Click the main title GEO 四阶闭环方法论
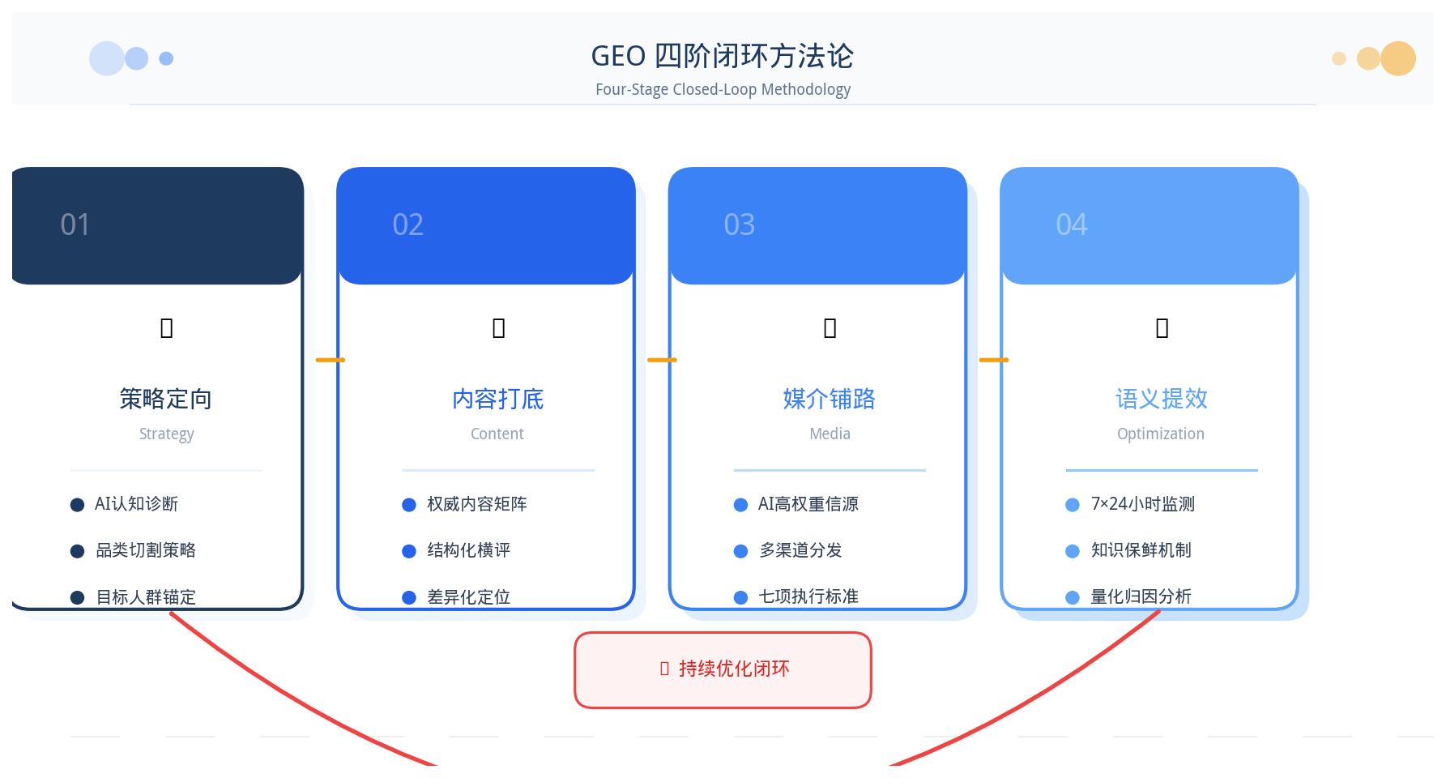tap(723, 56)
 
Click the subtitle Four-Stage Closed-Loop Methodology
tap(723, 89)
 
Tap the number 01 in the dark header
tap(75, 224)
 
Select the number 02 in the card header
tap(407, 224)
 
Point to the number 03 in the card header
tap(740, 224)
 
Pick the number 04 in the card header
tap(1072, 224)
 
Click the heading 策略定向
tap(166, 399)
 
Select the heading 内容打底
tap(498, 399)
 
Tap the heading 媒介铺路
tap(830, 399)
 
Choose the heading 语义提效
tap(1162, 399)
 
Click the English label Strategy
tap(167, 434)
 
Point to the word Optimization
tap(1161, 434)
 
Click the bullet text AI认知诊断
tap(136, 504)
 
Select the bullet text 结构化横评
tap(469, 550)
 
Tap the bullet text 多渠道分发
tap(800, 550)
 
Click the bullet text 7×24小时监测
tap(1143, 504)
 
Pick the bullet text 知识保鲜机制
tap(1141, 550)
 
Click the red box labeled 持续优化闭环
tap(723, 670)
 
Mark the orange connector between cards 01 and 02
tap(331, 360)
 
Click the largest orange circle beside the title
tap(1398, 58)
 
